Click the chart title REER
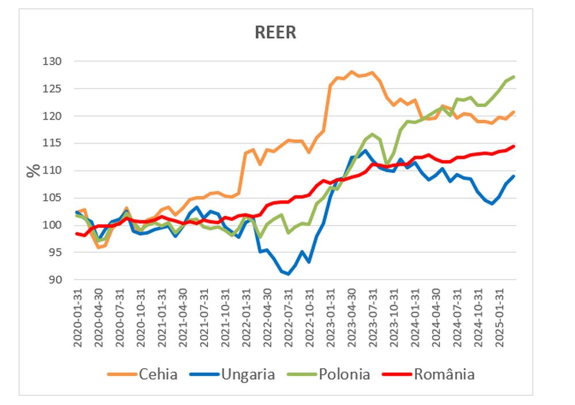[275, 33]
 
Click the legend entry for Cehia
[158, 375]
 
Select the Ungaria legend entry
[247, 375]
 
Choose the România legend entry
[445, 375]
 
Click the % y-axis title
[33, 170]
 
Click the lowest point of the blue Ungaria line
[288, 274]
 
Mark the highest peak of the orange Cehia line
[351, 72]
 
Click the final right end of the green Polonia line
[513, 77]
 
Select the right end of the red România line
[513, 146]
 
